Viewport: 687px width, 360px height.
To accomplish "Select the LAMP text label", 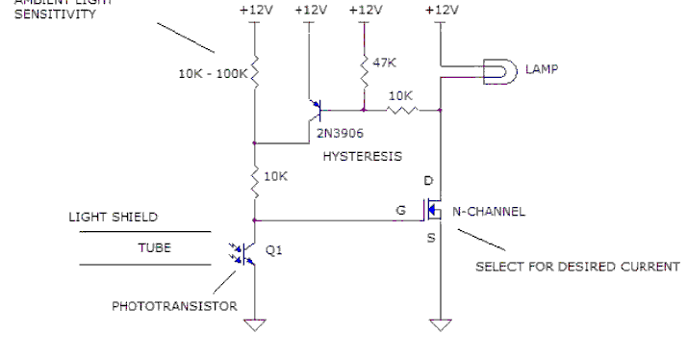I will coord(542,70).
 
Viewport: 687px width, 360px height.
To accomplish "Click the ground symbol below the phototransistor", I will coord(255,324).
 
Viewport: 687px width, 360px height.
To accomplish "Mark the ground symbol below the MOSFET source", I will coord(440,324).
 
